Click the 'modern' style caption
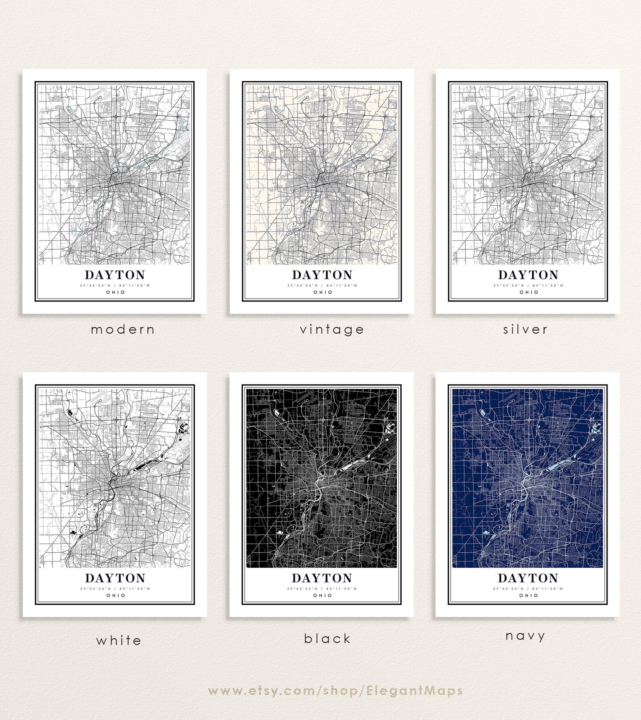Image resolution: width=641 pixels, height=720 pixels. tap(123, 330)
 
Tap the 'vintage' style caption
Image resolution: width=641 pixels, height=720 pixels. tap(332, 330)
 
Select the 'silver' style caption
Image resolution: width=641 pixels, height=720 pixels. tap(526, 330)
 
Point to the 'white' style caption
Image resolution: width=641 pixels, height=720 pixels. tap(119, 640)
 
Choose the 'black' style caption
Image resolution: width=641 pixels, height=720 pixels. tap(327, 639)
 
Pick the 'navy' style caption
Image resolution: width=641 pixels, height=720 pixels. tap(526, 636)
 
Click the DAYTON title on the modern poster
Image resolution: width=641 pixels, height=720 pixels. tap(115, 275)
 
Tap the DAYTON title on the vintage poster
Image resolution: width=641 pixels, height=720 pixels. tap(322, 275)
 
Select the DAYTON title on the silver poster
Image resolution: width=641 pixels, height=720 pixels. tap(528, 275)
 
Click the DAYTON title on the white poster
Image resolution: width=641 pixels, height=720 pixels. tap(115, 578)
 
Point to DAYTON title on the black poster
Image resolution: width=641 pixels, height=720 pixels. tap(322, 578)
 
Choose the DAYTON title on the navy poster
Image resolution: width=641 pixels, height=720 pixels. tap(528, 578)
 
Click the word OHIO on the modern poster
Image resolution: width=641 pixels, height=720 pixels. tap(116, 292)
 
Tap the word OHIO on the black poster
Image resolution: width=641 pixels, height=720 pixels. tap(323, 595)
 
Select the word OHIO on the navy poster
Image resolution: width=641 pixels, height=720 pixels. tap(529, 595)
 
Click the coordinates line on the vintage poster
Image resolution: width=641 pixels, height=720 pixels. tap(323, 286)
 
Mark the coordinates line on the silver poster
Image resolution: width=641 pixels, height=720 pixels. tap(528, 286)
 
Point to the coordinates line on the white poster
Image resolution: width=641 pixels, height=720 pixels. tap(115, 589)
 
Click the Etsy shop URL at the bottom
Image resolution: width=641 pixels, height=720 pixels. tap(335, 691)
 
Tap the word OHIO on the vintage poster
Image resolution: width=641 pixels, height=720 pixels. tap(323, 292)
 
